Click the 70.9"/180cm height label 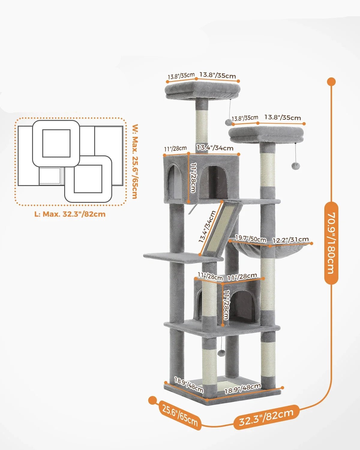(x=331, y=243)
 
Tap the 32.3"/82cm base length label (x=266, y=417)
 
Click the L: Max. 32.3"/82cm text (x=70, y=214)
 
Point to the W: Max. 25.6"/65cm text (x=135, y=161)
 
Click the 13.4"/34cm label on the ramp (x=207, y=226)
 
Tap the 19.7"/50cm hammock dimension (x=250, y=239)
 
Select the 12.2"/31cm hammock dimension (x=290, y=240)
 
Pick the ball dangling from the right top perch (x=295, y=166)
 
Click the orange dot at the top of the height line (x=331, y=82)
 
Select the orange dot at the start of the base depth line (x=153, y=400)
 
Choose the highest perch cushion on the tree (x=203, y=90)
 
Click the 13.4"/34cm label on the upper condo (x=215, y=148)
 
